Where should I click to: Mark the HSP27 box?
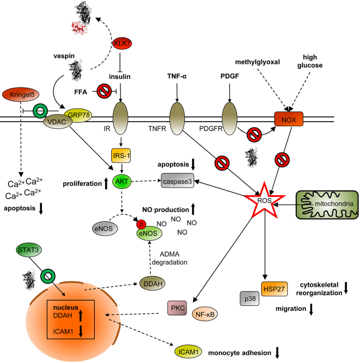(274, 289)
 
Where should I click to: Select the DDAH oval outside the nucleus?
(151, 284)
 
